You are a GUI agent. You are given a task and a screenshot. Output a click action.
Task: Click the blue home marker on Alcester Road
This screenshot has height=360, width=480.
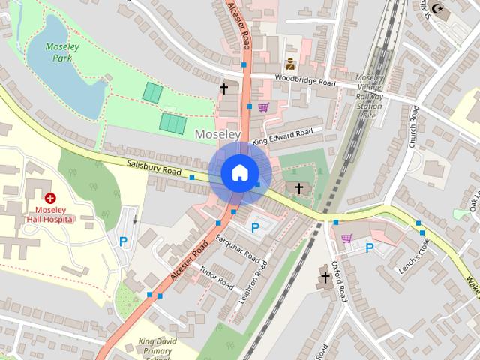239,172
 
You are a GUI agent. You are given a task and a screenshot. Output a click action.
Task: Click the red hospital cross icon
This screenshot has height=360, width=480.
50,198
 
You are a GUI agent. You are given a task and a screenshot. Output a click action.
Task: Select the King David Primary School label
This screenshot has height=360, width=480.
157,349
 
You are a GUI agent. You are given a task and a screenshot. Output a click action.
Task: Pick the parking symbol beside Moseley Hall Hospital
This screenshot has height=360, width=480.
124,241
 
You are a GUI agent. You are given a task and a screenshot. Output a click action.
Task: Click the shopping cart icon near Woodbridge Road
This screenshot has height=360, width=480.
263,107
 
